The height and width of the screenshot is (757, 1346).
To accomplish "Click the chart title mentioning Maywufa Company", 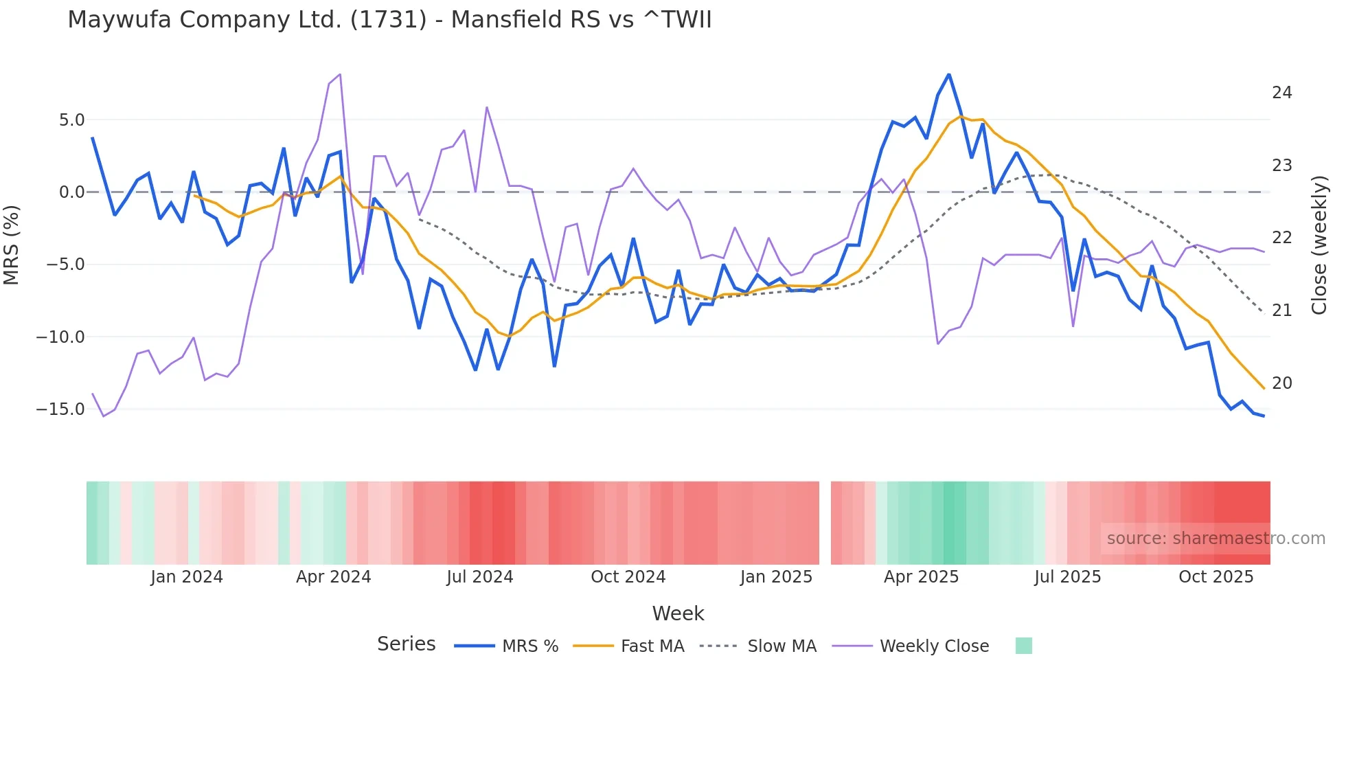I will (x=389, y=20).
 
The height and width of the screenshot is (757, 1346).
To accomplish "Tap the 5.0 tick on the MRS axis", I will (x=71, y=120).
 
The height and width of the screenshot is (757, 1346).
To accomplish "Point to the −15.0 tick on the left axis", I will (x=60, y=409).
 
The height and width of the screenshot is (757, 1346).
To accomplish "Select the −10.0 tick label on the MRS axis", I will (x=60, y=337).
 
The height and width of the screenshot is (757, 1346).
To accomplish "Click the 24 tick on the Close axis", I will (x=1281, y=93).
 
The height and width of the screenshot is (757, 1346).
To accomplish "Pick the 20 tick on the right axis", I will (x=1281, y=383).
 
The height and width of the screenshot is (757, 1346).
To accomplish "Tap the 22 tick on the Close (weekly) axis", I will (x=1281, y=238).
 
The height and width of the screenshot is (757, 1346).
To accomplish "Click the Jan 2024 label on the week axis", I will (x=187, y=577).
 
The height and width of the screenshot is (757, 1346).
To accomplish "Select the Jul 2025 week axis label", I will (x=1067, y=577).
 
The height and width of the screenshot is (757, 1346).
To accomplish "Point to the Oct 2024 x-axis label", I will (x=628, y=577).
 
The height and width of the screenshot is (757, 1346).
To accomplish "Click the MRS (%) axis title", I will (x=12, y=245).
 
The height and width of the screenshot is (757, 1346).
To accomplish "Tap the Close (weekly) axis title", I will (x=1319, y=245).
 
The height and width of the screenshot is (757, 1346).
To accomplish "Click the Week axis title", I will (x=678, y=613).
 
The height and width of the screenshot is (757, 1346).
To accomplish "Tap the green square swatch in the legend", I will (x=1023, y=646).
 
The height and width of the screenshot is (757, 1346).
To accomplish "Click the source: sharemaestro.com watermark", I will (x=1216, y=539).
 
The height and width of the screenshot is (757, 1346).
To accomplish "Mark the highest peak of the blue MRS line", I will (x=949, y=74).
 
